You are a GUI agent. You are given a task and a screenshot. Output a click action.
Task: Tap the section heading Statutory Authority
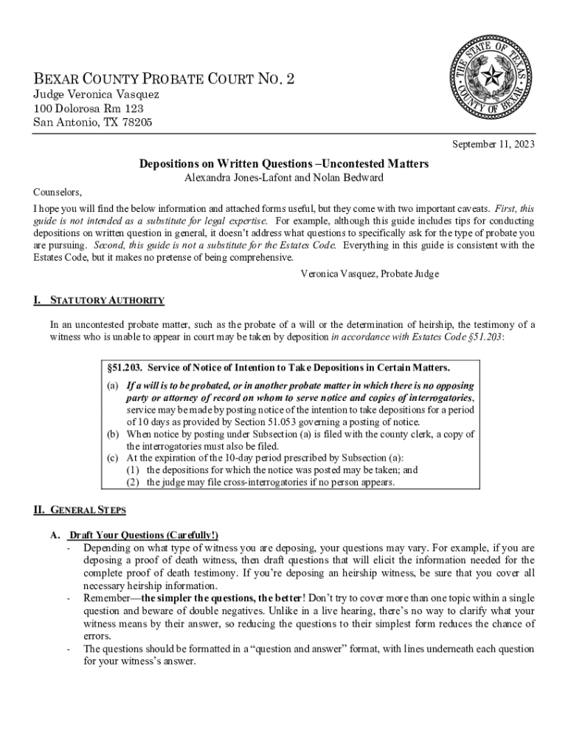pyautogui.click(x=107, y=300)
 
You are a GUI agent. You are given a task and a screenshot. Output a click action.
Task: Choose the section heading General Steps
pyautogui.click(x=89, y=510)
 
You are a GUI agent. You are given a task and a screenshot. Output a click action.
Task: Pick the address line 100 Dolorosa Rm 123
pyautogui.click(x=89, y=109)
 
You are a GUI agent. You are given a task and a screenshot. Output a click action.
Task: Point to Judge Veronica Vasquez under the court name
pyautogui.click(x=96, y=95)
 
